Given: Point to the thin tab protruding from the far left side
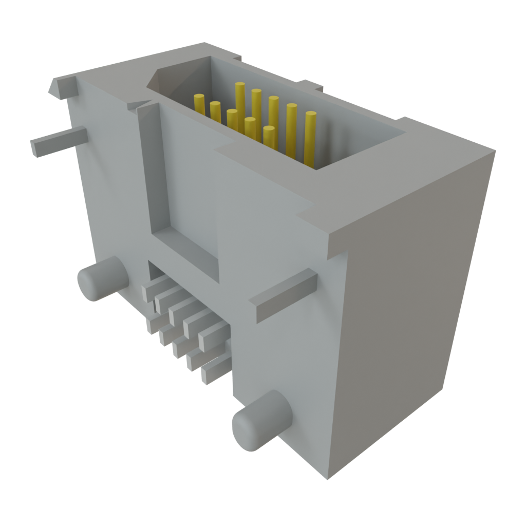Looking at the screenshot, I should pos(57,141).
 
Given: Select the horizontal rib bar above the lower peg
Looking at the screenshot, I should pos(285,295).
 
